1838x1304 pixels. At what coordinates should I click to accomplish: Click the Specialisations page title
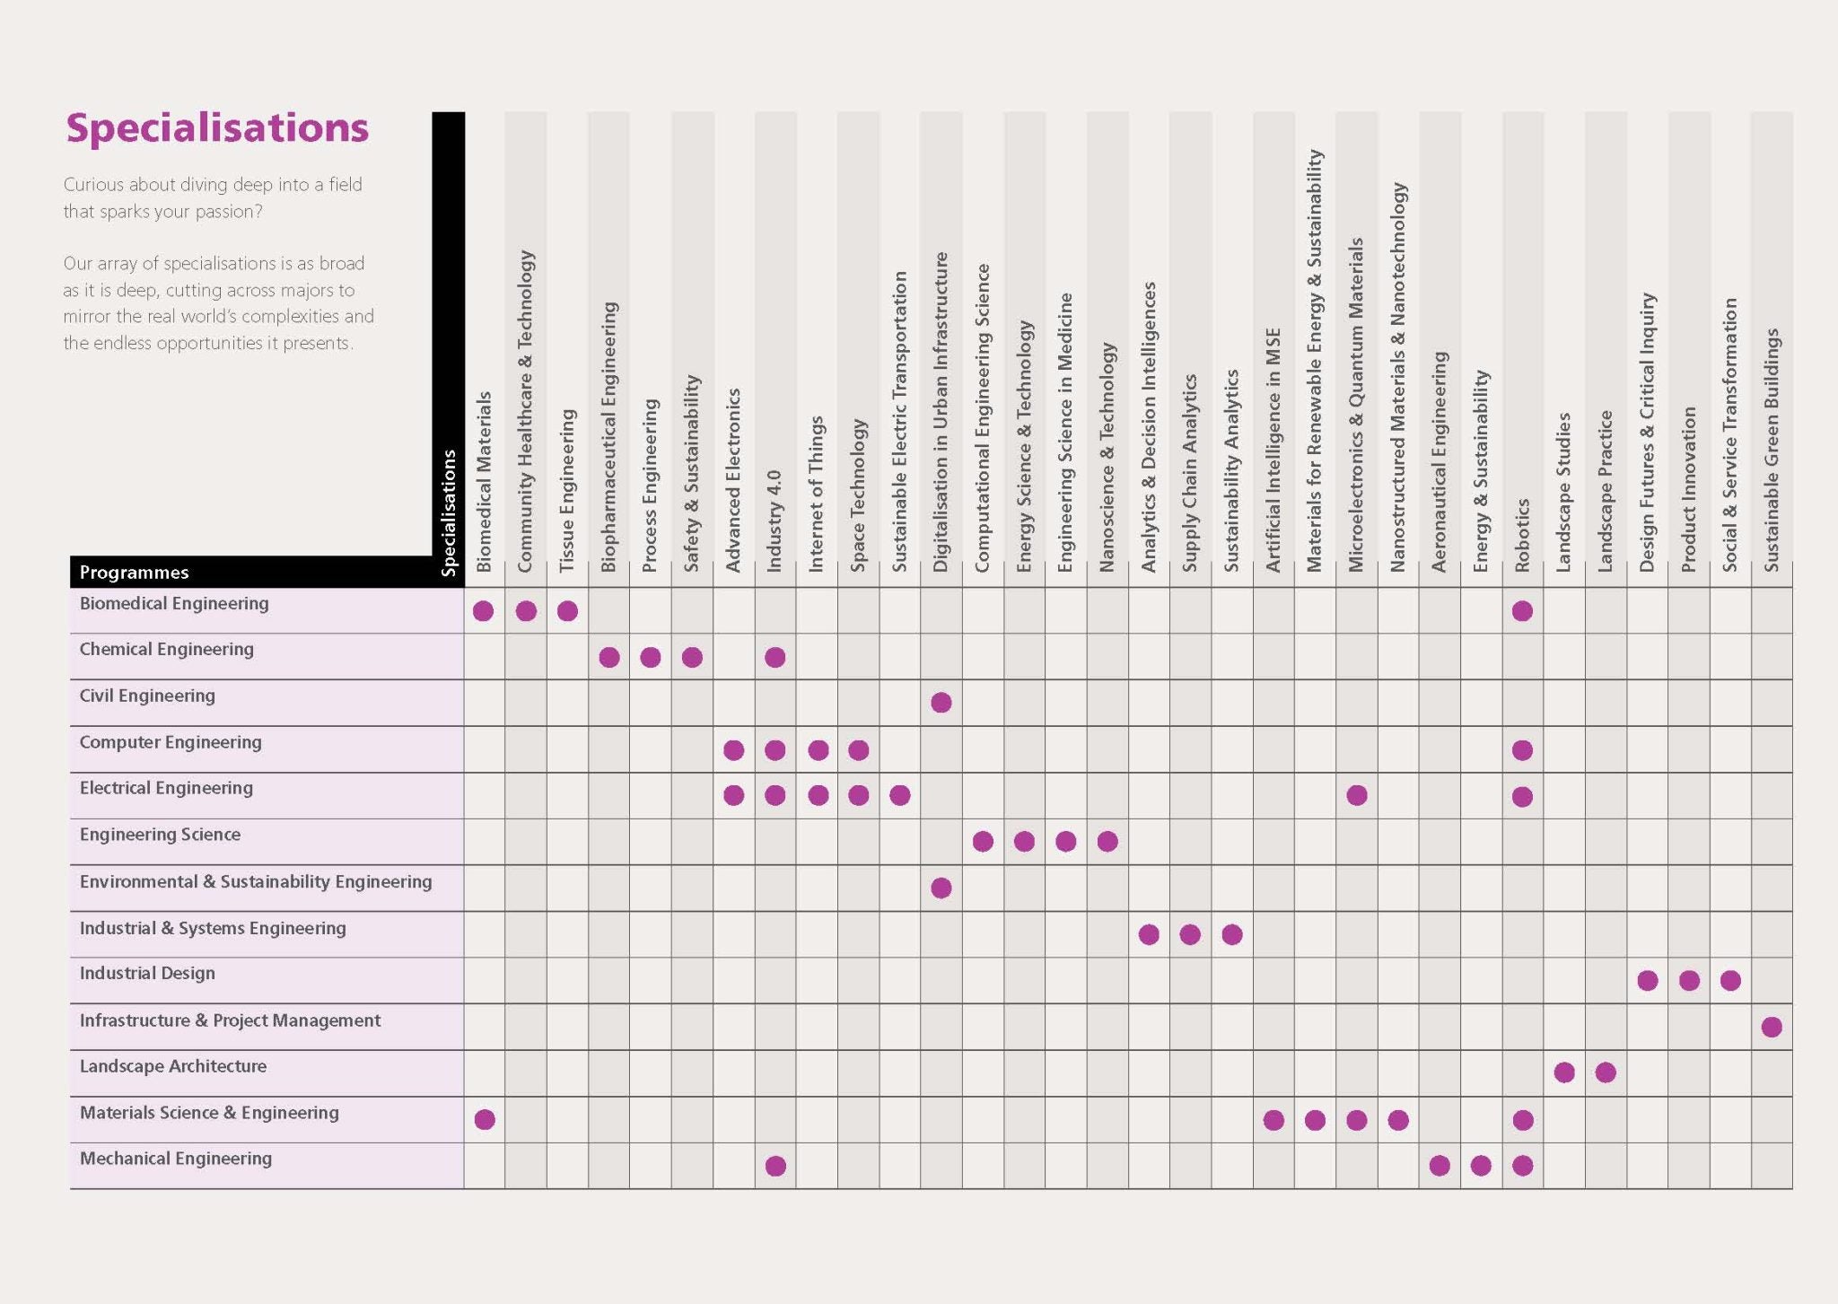[x=217, y=127]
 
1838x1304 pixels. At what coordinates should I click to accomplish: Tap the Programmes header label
[x=134, y=573]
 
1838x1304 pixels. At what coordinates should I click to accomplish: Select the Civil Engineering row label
[x=147, y=696]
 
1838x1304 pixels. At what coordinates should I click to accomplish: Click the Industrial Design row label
[x=147, y=974]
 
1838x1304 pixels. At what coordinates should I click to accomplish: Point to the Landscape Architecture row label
[x=173, y=1067]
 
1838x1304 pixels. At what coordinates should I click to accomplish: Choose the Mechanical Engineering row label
[x=176, y=1159]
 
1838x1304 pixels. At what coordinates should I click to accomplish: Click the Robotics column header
[x=1522, y=535]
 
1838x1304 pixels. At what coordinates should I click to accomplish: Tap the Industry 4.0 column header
[x=775, y=521]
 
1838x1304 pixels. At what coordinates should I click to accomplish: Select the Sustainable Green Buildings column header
[x=1772, y=449]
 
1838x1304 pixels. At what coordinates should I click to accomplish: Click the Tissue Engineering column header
[x=567, y=490]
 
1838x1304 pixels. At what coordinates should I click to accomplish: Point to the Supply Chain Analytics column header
[x=1190, y=473]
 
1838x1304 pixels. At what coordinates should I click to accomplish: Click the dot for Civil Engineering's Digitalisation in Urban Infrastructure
[x=941, y=703]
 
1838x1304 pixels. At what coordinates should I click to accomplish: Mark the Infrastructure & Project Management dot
[x=1772, y=1028]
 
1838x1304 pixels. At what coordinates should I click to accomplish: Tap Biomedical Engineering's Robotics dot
[x=1522, y=611]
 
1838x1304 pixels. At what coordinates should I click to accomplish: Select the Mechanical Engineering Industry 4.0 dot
[x=775, y=1166]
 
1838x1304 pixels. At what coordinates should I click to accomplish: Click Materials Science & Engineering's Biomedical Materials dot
[x=485, y=1119]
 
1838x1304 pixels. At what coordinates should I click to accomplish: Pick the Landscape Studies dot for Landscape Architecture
[x=1564, y=1072]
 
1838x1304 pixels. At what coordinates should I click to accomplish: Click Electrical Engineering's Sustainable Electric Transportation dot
[x=900, y=795]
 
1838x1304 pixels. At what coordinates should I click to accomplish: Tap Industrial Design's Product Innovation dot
[x=1689, y=981]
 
